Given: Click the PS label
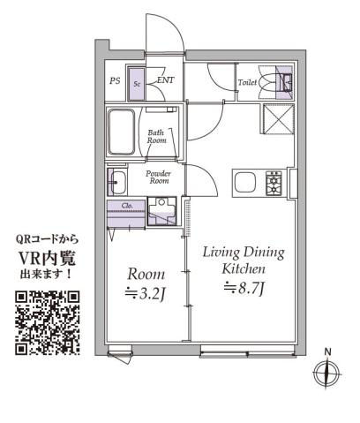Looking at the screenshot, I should (115, 81).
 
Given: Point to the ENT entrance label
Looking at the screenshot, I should (165, 80).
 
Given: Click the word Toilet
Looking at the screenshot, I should (248, 83).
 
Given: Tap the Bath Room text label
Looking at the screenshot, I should (156, 136).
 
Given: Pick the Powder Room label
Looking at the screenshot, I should (158, 177).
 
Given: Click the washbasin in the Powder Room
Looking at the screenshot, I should (117, 183).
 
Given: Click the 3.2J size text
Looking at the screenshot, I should (144, 294).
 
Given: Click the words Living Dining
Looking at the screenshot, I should (243, 253).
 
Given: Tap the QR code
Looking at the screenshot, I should (49, 322).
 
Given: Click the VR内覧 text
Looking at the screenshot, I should (49, 257).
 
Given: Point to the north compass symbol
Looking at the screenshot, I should (327, 372).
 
